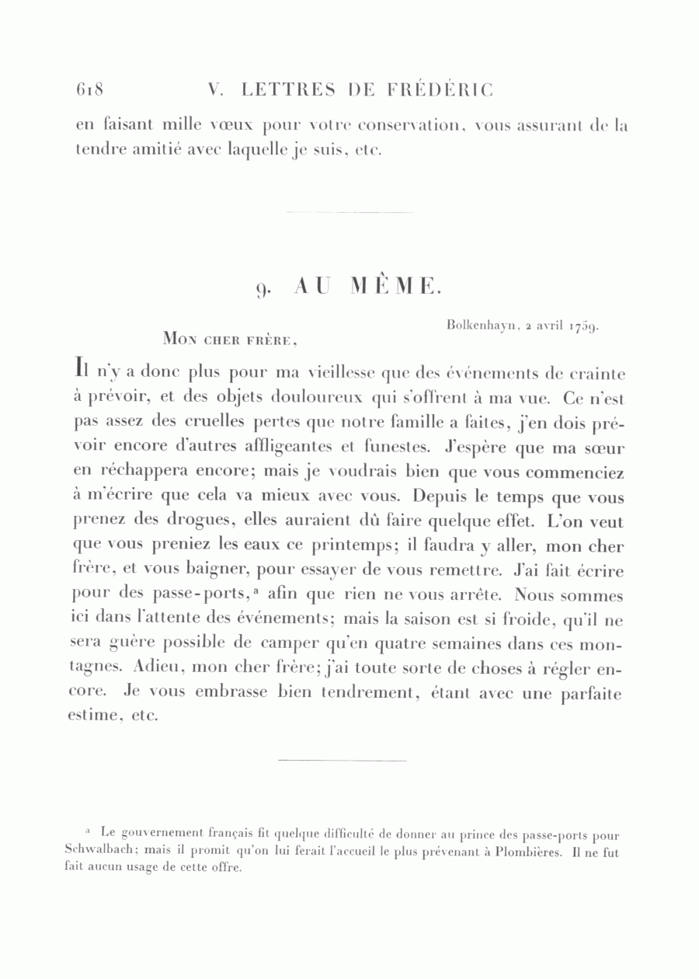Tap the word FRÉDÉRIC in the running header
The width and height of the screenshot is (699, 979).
[x=439, y=90]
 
